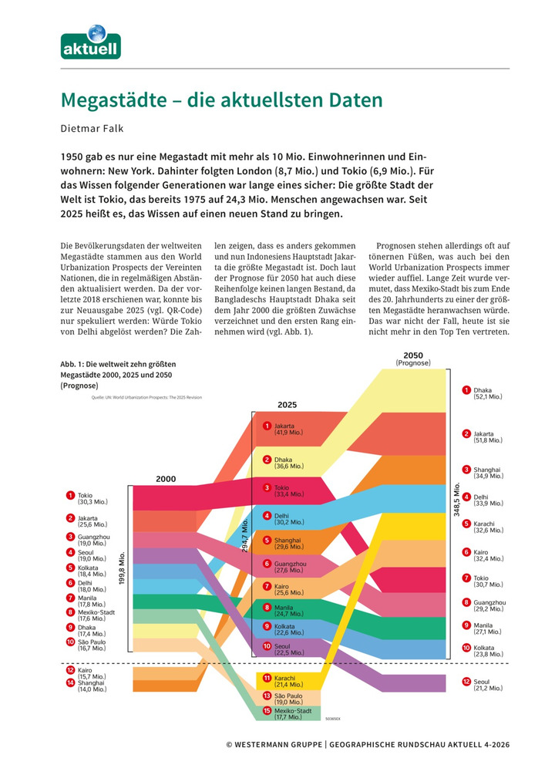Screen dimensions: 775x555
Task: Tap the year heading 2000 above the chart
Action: click(166, 479)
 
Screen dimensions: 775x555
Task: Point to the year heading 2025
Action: click(287, 403)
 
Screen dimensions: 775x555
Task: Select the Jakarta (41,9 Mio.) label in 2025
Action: click(289, 429)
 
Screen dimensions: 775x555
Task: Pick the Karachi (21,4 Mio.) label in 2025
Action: click(289, 680)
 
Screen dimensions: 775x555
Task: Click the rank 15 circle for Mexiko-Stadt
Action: click(267, 711)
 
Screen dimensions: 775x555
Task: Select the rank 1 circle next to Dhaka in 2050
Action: click(466, 391)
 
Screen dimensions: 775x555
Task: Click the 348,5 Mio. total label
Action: click(457, 502)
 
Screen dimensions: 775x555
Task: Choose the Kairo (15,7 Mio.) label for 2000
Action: click(91, 672)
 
